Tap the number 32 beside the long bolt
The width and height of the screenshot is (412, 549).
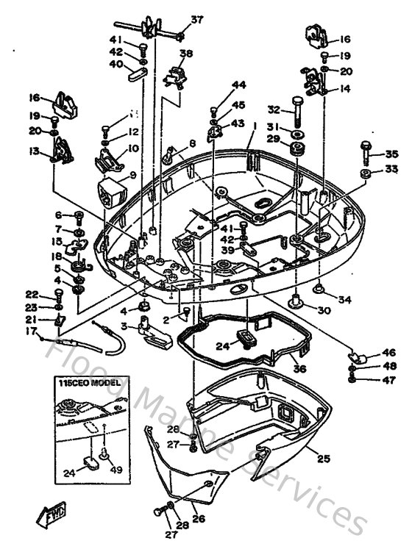274,110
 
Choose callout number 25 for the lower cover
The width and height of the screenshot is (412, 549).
322,458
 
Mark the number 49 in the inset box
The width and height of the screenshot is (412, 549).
114,470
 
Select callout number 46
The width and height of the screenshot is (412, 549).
388,352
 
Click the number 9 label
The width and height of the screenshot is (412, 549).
133,175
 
